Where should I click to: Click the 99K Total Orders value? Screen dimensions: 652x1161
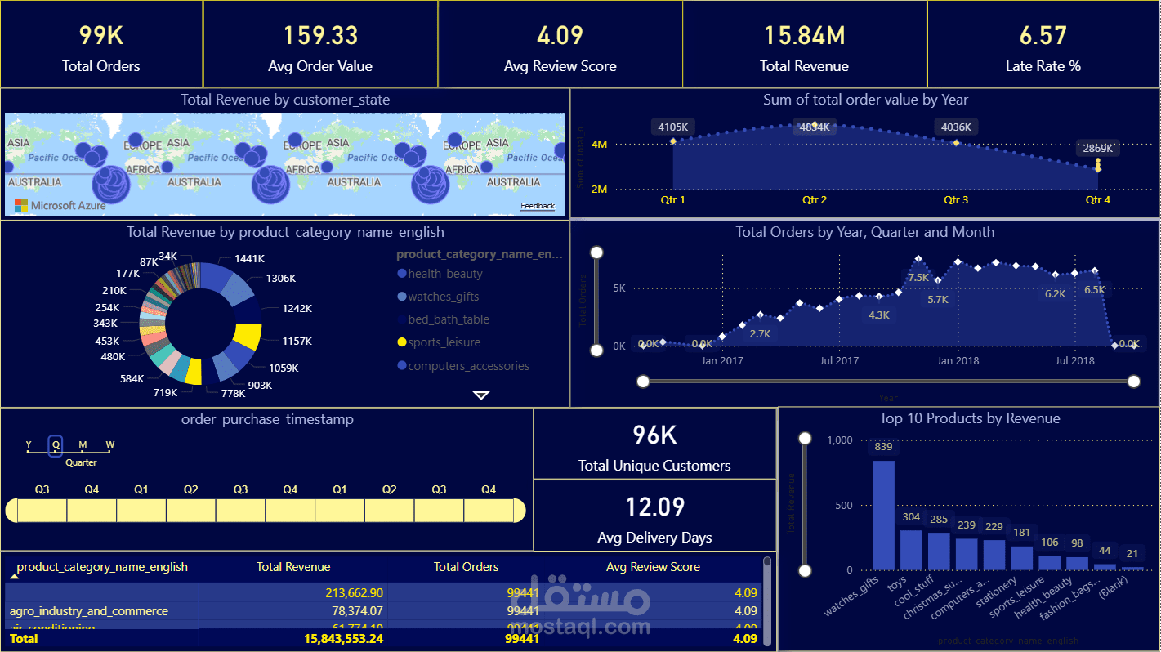100,35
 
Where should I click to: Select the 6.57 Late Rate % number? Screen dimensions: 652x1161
1043,35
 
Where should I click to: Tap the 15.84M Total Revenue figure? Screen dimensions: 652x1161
804,35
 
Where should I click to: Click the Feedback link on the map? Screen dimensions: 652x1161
537,206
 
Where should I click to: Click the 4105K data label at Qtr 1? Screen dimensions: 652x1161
673,127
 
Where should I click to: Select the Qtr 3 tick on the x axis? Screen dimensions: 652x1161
956,199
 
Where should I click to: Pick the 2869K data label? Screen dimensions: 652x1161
1098,149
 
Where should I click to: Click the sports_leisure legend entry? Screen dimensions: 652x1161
444,342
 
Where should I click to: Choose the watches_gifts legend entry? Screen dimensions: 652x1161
443,297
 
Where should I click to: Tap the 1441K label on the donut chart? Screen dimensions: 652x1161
249,258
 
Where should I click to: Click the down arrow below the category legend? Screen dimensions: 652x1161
481,395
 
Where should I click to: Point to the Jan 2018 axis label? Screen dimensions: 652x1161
958,360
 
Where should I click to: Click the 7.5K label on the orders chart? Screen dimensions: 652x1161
918,278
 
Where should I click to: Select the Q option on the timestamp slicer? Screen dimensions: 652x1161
56,445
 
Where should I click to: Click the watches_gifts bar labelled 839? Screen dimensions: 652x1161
883,515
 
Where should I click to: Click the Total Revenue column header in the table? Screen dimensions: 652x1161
293,566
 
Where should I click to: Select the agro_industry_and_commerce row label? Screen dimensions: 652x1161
88,611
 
